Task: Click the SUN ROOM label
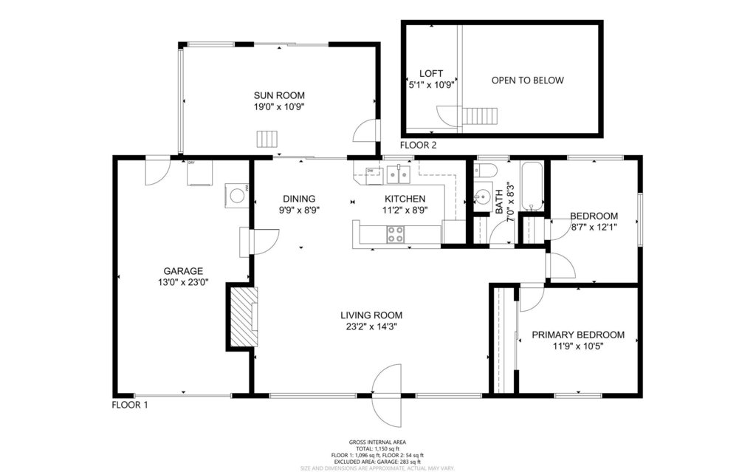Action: pyautogui.click(x=279, y=95)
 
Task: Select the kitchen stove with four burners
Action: pyautogui.click(x=396, y=234)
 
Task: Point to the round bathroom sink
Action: pyautogui.click(x=483, y=197)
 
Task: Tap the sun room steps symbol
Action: pyautogui.click(x=267, y=139)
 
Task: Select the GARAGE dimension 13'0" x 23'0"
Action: pyautogui.click(x=183, y=281)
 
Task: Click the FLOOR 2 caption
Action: pyautogui.click(x=419, y=146)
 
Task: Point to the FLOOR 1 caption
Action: pyautogui.click(x=130, y=405)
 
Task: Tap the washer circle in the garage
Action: pyautogui.click(x=237, y=196)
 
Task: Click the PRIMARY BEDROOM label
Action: pyautogui.click(x=578, y=335)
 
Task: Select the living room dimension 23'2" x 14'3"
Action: pyautogui.click(x=371, y=326)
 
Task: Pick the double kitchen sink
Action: pyautogui.click(x=399, y=174)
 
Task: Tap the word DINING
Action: pyautogui.click(x=299, y=199)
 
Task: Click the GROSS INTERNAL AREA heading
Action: pyautogui.click(x=377, y=442)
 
